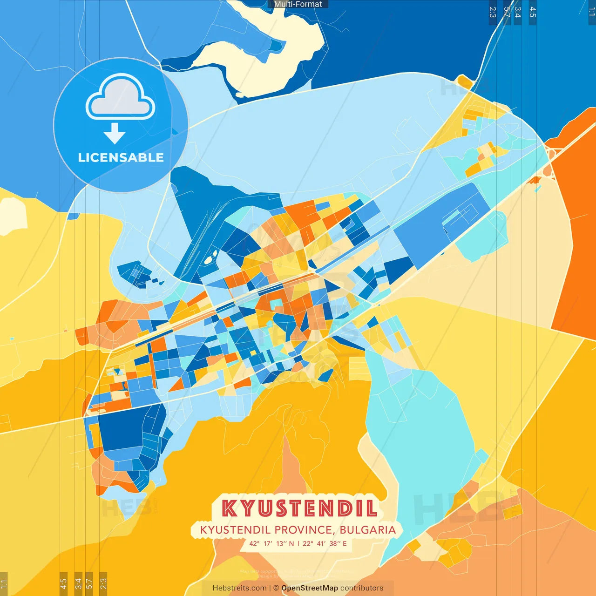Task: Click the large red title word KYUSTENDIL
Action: (299, 508)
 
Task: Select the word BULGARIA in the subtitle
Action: (367, 530)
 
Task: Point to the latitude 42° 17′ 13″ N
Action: (271, 543)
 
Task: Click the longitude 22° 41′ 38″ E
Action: (325, 543)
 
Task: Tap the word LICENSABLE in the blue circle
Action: (121, 158)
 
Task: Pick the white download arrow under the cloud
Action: (115, 134)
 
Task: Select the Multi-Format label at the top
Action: (298, 4)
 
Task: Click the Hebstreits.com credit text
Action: (239, 588)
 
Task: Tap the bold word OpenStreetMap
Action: (309, 588)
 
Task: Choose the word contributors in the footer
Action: (362, 588)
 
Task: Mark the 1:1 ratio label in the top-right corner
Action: (591, 12)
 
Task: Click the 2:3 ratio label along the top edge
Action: (493, 12)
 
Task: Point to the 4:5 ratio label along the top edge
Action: (533, 12)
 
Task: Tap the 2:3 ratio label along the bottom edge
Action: (103, 583)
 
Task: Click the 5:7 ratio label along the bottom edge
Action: (89, 583)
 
